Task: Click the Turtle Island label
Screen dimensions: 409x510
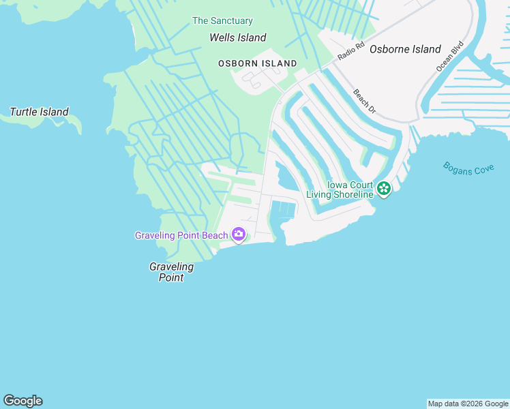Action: tap(39, 112)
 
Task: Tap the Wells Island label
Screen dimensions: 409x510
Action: tap(237, 38)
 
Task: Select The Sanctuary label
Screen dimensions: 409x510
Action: tap(222, 21)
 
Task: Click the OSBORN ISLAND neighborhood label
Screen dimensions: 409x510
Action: tap(257, 63)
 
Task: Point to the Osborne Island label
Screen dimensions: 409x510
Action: tap(405, 49)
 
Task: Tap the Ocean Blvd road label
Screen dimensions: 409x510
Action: tap(445, 59)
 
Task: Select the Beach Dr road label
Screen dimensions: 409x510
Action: tap(365, 101)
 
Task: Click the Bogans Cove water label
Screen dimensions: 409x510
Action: tap(468, 168)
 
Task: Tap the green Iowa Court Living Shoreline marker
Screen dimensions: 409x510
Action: tap(384, 188)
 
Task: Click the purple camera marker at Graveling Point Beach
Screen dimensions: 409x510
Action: tap(239, 235)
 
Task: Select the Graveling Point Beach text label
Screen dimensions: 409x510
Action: tap(181, 236)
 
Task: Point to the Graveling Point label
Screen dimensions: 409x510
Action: tap(171, 272)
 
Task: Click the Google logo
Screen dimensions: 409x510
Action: tap(22, 401)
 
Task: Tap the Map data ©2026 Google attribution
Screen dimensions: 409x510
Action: tap(468, 404)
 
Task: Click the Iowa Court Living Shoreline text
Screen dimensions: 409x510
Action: tap(340, 190)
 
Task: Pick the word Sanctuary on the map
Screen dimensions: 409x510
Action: tap(230, 21)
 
